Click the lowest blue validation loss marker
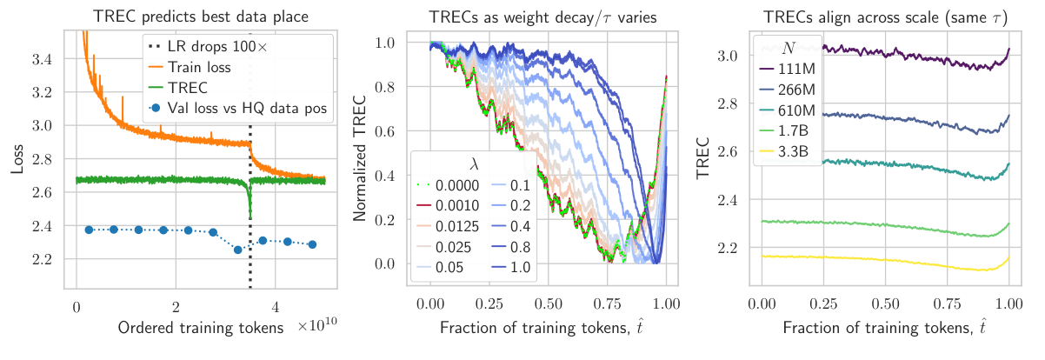pyautogui.click(x=237, y=250)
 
